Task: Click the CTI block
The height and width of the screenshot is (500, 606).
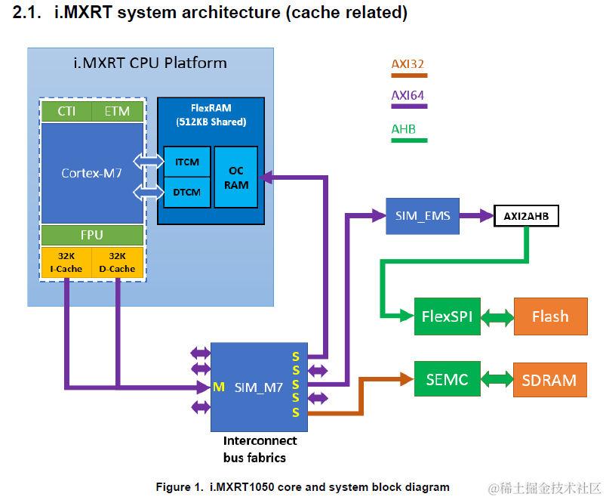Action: point(66,111)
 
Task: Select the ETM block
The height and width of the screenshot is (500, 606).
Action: point(118,111)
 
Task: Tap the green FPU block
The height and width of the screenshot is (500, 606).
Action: point(92,235)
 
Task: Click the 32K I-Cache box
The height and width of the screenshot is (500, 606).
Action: point(66,262)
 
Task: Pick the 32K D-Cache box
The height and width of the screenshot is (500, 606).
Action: point(118,262)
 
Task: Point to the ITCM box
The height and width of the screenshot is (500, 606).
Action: point(187,162)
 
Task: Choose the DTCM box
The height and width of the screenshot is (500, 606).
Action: point(187,192)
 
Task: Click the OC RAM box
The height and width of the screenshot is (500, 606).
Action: point(236,177)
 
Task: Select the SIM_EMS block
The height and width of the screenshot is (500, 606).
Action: point(423,216)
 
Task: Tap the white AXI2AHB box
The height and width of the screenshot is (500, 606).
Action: point(526,216)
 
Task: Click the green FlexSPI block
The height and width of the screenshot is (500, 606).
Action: point(448,316)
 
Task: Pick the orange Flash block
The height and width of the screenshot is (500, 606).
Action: point(551,316)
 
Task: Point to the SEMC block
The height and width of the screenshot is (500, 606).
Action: point(448,379)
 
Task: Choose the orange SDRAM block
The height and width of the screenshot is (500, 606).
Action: point(550,380)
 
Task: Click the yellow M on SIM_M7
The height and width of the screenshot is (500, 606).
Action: point(219,387)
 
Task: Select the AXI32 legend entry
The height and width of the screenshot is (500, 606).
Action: point(409,68)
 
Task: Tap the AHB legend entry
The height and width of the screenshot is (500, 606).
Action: point(409,133)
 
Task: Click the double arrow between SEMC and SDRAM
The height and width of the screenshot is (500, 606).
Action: point(497,379)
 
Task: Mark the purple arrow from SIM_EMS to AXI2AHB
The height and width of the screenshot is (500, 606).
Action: point(476,216)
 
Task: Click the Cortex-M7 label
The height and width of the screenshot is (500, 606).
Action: point(91,173)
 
